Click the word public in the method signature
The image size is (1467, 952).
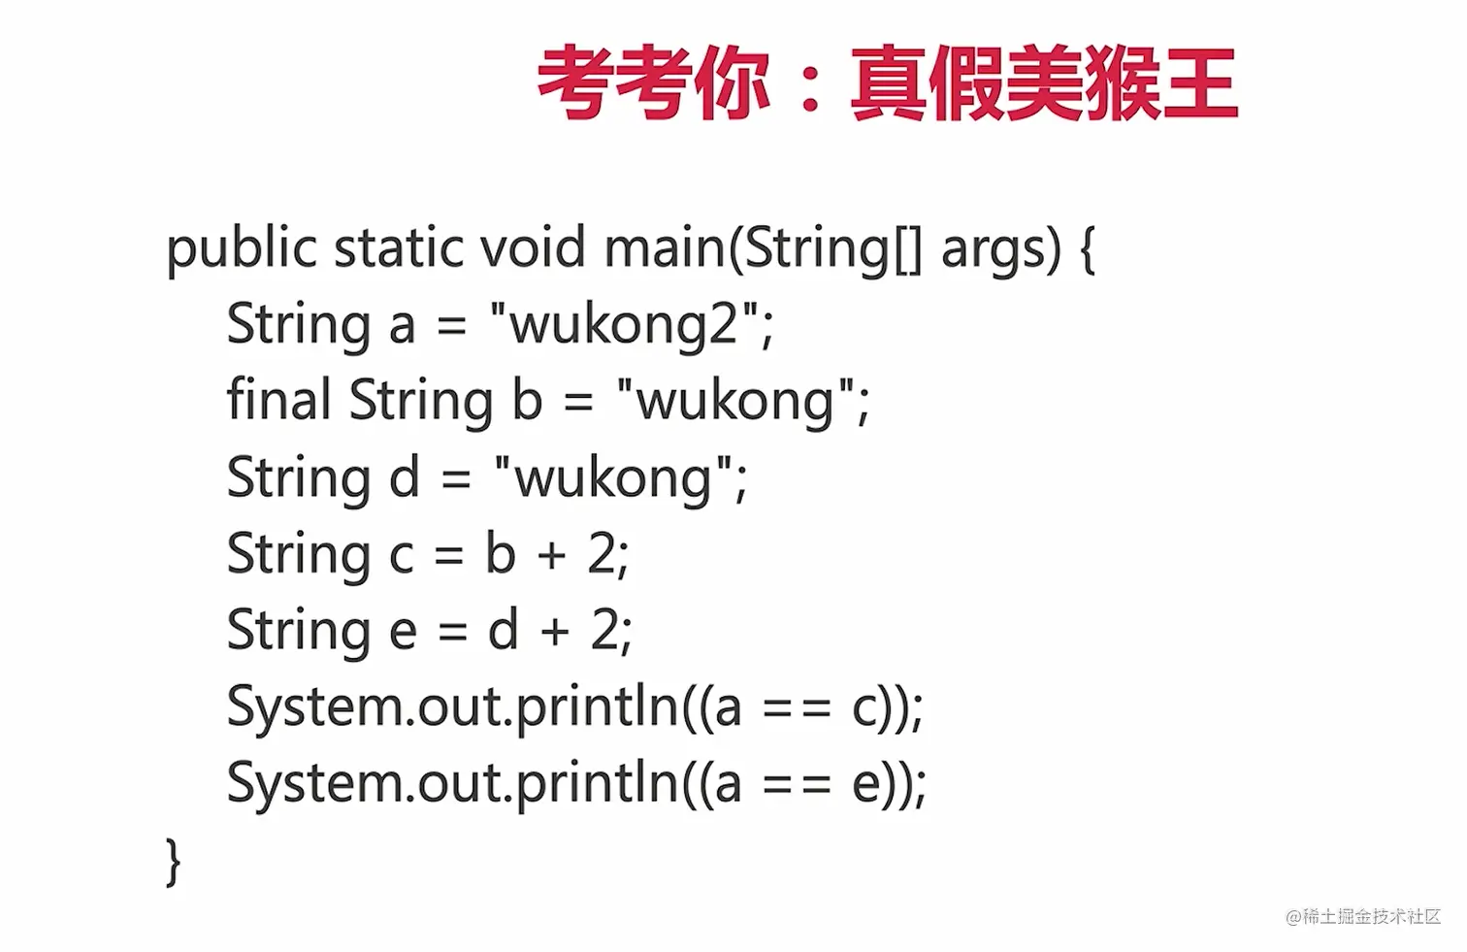point(242,249)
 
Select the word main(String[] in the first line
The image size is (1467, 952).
point(763,249)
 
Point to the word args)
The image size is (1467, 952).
point(1001,249)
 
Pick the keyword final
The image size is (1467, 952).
point(278,400)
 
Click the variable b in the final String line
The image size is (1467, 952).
point(527,400)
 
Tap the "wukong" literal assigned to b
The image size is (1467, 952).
point(742,401)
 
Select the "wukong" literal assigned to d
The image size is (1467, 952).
point(620,477)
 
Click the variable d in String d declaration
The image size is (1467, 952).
point(405,477)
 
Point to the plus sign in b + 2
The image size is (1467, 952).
point(551,554)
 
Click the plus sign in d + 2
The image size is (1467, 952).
point(555,631)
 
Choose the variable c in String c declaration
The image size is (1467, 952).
point(401,556)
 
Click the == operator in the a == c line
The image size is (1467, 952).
point(797,708)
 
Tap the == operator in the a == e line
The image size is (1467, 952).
point(797,785)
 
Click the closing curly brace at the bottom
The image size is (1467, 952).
point(174,861)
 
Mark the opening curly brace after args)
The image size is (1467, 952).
point(1088,249)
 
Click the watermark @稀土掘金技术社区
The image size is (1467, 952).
point(1362,916)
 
